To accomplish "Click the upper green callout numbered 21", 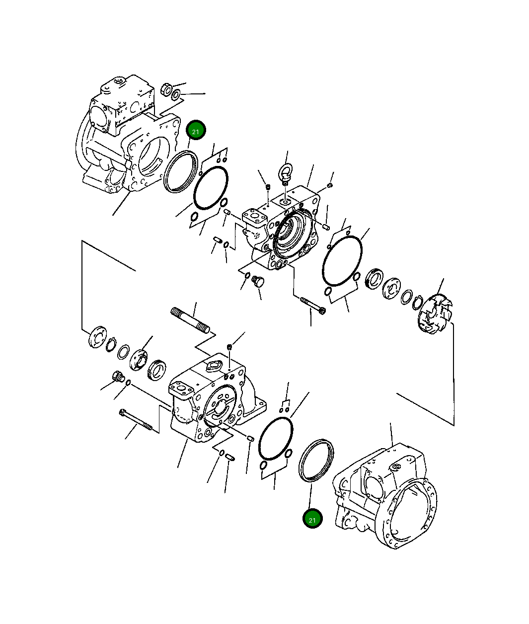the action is click(196, 130).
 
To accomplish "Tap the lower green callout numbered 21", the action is click(312, 518).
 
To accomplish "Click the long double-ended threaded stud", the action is click(190, 320).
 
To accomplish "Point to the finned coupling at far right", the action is click(435, 313).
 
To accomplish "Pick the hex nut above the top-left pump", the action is click(166, 89).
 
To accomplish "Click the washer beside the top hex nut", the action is click(176, 95).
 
